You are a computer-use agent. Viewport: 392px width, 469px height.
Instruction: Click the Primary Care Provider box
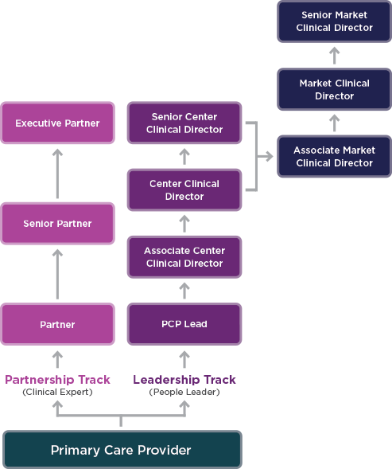(x=121, y=450)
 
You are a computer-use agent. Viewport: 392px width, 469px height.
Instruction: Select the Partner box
(x=57, y=324)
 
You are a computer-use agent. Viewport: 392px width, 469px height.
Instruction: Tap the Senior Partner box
(x=57, y=224)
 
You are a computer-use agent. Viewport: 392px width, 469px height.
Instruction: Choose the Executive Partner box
(x=57, y=123)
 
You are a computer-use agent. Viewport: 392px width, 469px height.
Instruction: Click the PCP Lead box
(x=184, y=324)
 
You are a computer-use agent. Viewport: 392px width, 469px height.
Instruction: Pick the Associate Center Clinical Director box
(x=184, y=257)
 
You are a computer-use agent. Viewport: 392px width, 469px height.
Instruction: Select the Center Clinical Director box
(x=184, y=190)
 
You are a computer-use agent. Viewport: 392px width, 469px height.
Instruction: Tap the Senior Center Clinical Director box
(x=184, y=123)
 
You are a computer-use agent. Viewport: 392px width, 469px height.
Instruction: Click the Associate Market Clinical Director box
(x=334, y=157)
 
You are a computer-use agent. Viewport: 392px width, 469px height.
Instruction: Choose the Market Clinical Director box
(x=334, y=90)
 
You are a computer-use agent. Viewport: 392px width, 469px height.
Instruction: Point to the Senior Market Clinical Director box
(x=334, y=21)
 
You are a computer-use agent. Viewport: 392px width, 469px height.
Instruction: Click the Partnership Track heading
(x=57, y=380)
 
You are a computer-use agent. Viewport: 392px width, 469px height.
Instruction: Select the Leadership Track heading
(x=184, y=380)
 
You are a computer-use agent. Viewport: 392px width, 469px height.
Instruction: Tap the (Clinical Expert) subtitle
(x=57, y=393)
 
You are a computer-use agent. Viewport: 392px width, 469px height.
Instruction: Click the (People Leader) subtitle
(x=184, y=393)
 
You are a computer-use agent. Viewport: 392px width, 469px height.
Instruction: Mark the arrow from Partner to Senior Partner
(x=57, y=273)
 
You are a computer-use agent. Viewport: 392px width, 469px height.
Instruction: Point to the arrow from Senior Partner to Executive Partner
(x=57, y=173)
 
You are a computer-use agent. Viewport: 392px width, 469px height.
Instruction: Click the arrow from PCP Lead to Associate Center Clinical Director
(x=184, y=291)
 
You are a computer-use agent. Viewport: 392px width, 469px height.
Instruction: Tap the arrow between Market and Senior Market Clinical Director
(x=334, y=56)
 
